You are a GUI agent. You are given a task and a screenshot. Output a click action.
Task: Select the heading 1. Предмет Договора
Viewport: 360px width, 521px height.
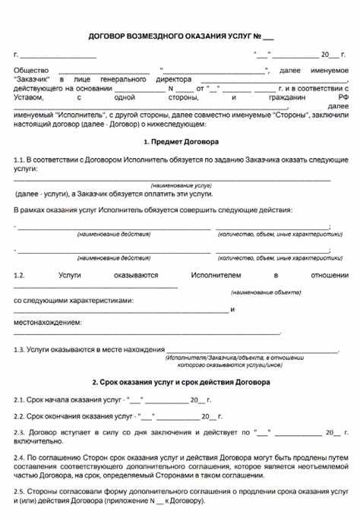180,142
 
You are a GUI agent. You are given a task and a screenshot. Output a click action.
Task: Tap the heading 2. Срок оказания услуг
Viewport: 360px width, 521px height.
180,383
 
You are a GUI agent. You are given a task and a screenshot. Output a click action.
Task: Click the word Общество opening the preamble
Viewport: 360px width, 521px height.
30,70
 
